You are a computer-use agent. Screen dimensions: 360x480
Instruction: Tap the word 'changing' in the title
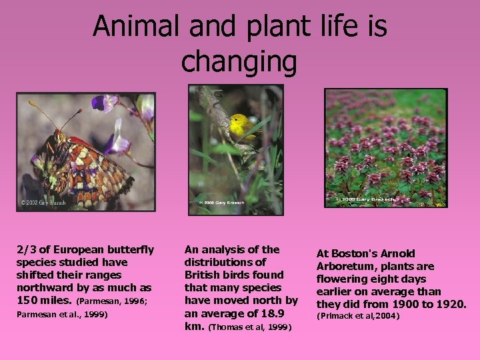click(x=239, y=61)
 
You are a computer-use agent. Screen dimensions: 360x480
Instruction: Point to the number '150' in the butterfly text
click(x=27, y=300)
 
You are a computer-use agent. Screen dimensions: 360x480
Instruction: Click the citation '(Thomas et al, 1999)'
click(x=250, y=327)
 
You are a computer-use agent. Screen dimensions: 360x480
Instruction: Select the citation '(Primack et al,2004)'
click(x=357, y=315)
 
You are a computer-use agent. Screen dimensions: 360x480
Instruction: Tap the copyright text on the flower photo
click(x=365, y=199)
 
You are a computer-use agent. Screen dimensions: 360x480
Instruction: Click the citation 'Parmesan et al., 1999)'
click(x=61, y=314)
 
